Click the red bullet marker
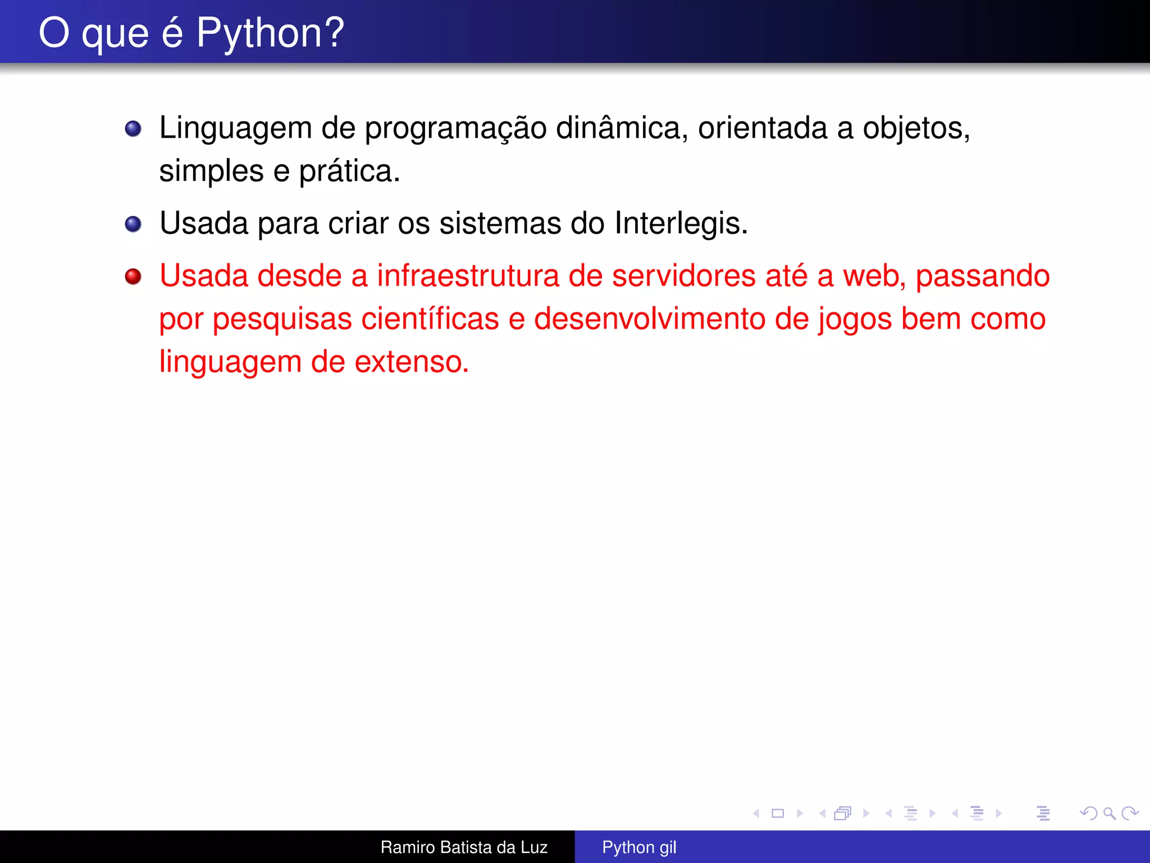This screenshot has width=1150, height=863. [x=133, y=276]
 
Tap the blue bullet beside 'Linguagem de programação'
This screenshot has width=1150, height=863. [x=133, y=129]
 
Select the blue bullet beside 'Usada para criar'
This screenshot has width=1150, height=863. [x=133, y=224]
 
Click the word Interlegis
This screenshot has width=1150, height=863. [x=680, y=224]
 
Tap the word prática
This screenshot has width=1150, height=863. [x=349, y=171]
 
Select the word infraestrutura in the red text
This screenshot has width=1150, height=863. [x=467, y=276]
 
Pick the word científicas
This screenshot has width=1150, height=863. [x=430, y=319]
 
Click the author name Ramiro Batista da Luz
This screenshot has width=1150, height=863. [x=464, y=847]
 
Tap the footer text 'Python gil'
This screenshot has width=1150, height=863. [x=639, y=847]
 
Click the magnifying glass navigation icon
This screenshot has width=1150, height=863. [x=1109, y=813]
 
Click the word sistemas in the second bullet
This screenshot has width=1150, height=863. [x=500, y=224]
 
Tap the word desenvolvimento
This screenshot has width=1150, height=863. [x=649, y=319]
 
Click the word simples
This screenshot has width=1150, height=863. [x=211, y=171]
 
